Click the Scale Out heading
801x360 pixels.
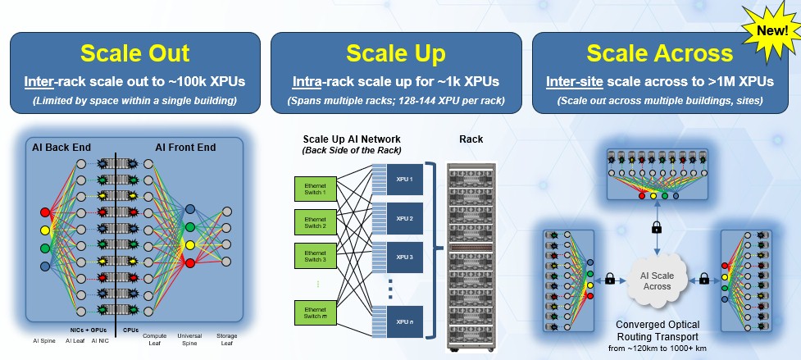pyautogui.click(x=135, y=53)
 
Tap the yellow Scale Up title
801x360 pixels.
pyautogui.click(x=396, y=53)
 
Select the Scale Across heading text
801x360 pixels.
pyautogui.click(x=659, y=53)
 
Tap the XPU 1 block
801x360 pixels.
pyautogui.click(x=405, y=179)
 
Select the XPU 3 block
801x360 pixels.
pyautogui.click(x=405, y=257)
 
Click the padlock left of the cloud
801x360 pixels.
pyautogui.click(x=611, y=279)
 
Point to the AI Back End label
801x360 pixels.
pyautogui.click(x=61, y=148)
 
